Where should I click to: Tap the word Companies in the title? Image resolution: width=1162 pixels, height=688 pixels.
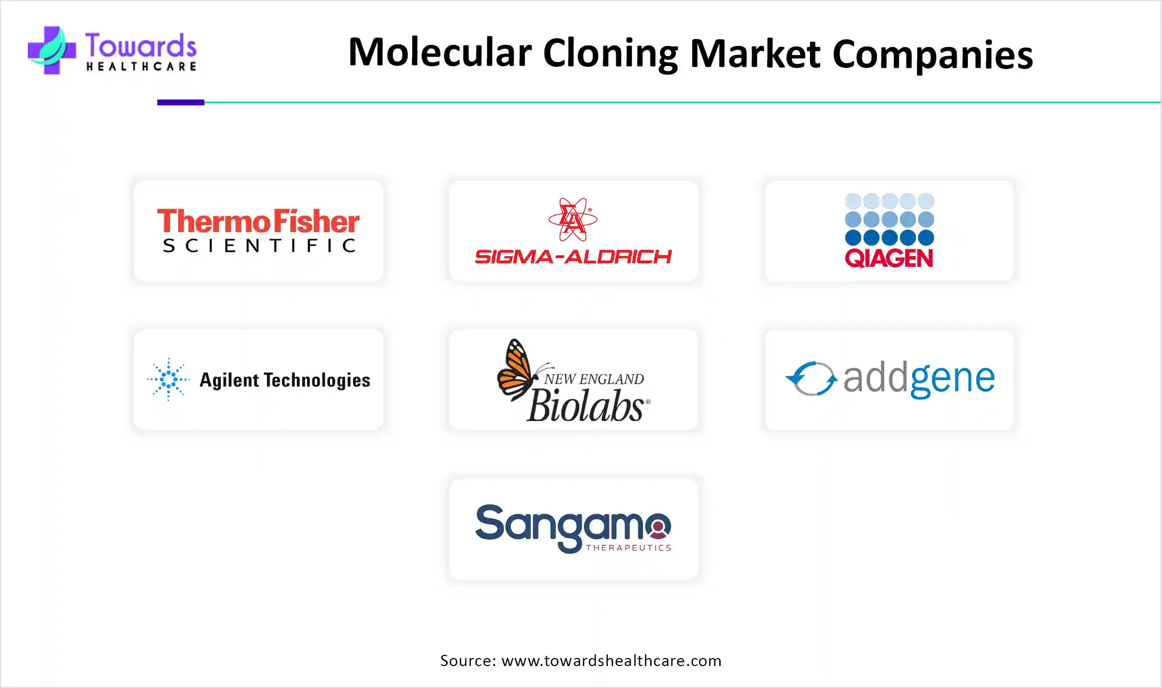click(932, 55)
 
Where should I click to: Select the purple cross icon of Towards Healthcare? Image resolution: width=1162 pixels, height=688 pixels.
click(51, 50)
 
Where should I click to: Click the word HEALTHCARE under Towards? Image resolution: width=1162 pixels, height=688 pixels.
click(141, 66)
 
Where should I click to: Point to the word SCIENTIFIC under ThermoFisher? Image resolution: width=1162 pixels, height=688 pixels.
click(259, 246)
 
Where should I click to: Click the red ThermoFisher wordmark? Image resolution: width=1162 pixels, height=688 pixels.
click(258, 221)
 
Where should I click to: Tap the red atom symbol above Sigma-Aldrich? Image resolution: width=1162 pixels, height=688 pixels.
click(572, 219)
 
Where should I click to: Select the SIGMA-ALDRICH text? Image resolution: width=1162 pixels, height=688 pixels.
click(573, 257)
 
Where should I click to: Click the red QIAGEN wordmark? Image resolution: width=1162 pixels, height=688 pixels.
click(889, 258)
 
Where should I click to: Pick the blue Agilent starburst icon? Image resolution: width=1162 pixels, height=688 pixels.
click(169, 379)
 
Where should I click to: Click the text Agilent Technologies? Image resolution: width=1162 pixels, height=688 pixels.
click(285, 380)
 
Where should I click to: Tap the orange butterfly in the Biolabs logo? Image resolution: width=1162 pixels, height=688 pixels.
click(516, 369)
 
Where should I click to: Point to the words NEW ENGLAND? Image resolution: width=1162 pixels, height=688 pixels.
click(594, 379)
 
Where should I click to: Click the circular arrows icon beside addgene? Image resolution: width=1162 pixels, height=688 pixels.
click(812, 379)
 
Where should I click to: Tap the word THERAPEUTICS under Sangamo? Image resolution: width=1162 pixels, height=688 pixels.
click(629, 547)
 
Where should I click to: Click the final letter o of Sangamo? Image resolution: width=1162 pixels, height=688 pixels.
click(658, 527)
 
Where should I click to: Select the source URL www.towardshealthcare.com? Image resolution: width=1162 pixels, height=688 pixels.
click(611, 661)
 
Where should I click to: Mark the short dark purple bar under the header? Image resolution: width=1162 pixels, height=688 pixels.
click(181, 102)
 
